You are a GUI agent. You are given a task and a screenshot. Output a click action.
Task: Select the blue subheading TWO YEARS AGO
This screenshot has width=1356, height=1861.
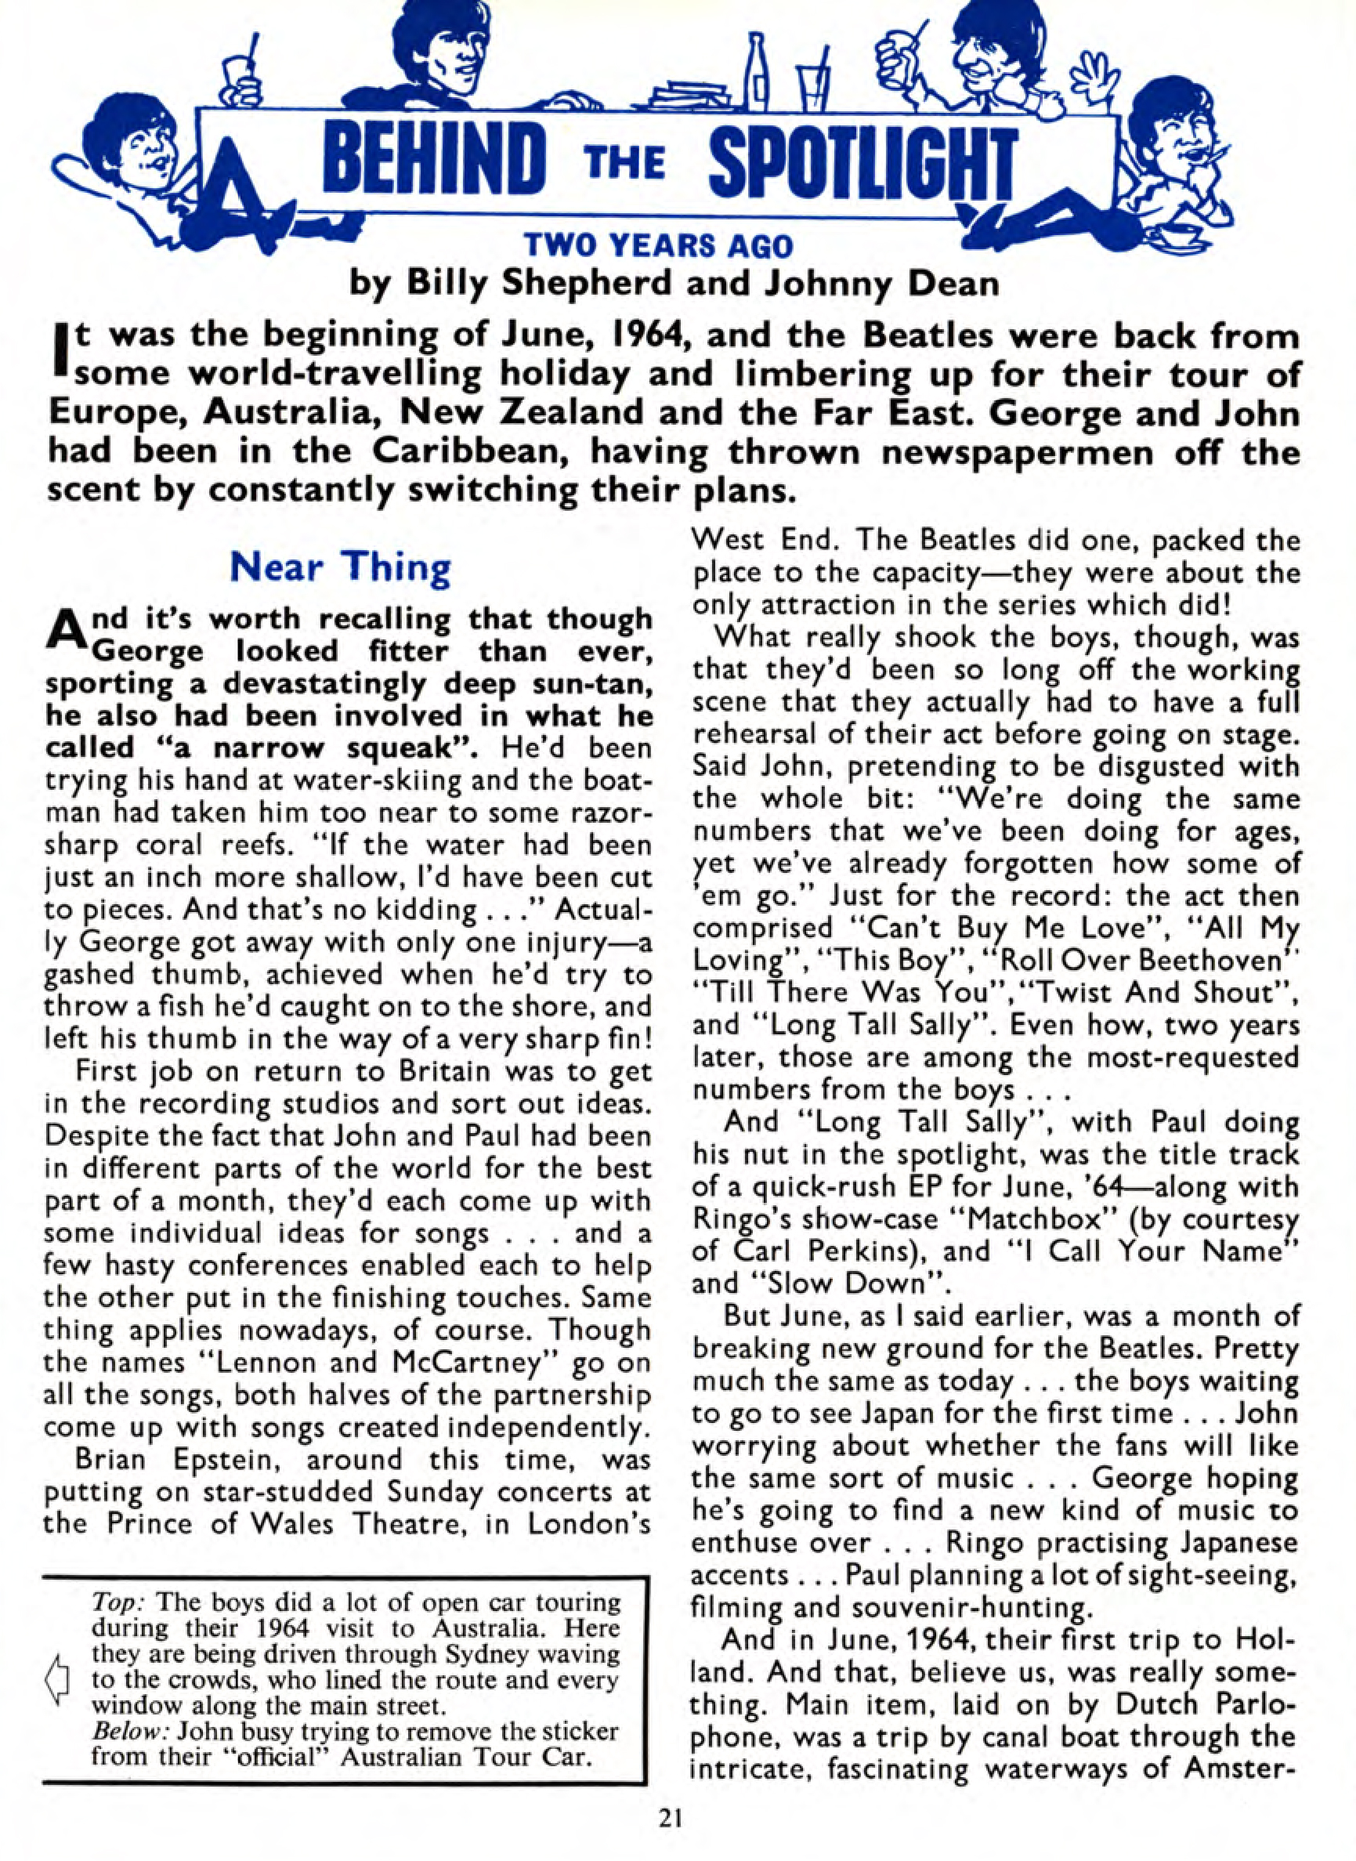(x=659, y=246)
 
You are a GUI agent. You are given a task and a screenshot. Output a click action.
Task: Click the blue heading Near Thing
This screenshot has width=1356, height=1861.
(x=341, y=567)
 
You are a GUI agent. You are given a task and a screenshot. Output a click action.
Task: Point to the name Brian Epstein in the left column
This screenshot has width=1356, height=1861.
(x=182, y=1461)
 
